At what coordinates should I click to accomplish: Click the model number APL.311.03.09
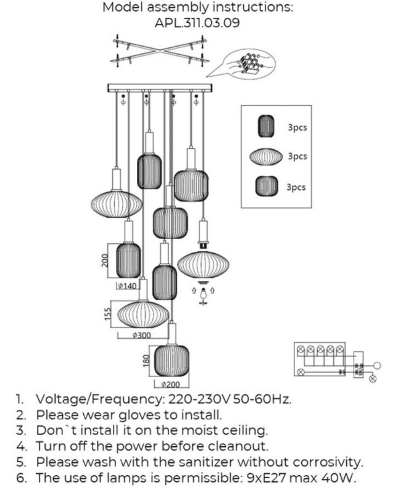[197, 23]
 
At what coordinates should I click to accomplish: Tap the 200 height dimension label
[105, 260]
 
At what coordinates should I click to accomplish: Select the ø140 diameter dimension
[127, 286]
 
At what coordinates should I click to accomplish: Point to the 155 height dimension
[108, 314]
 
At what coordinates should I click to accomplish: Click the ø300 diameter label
[142, 335]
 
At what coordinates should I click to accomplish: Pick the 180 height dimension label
[146, 361]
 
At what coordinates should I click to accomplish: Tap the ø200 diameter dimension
[170, 384]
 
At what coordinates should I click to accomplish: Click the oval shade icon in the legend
[266, 156]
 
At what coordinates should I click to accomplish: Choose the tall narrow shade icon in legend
[266, 126]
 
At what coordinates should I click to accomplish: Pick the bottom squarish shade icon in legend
[267, 186]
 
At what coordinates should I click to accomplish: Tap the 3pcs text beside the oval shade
[297, 156]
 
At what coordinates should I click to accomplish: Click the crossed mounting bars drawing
[159, 51]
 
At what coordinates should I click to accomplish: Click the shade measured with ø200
[172, 361]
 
